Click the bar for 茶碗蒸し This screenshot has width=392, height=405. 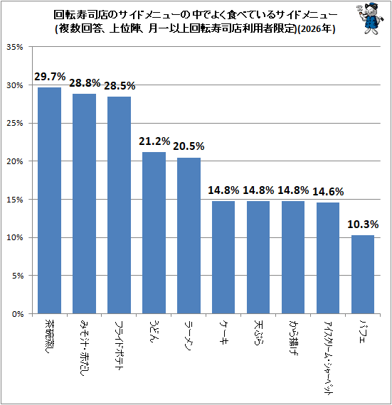(49, 200)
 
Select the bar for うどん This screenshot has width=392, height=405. (154, 233)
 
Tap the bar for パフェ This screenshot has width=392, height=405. (363, 274)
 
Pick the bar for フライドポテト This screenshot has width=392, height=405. (120, 205)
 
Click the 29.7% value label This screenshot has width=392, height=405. (50, 77)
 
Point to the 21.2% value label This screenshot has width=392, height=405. (154, 141)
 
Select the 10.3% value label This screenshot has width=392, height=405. (363, 225)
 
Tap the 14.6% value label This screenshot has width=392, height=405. (328, 192)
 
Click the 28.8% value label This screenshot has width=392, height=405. (85, 83)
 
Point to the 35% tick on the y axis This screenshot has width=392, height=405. (15, 47)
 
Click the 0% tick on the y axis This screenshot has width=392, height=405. (18, 314)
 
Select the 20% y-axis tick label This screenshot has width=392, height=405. (15, 161)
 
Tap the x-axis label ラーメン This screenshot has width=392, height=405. (189, 336)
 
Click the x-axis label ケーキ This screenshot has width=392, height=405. (223, 332)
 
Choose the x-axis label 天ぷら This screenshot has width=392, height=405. (258, 333)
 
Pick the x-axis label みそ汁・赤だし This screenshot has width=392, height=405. (84, 347)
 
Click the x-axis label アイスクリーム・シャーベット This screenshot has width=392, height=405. (329, 357)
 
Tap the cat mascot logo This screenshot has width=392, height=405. (370, 19)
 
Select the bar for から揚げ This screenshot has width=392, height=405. (293, 257)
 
